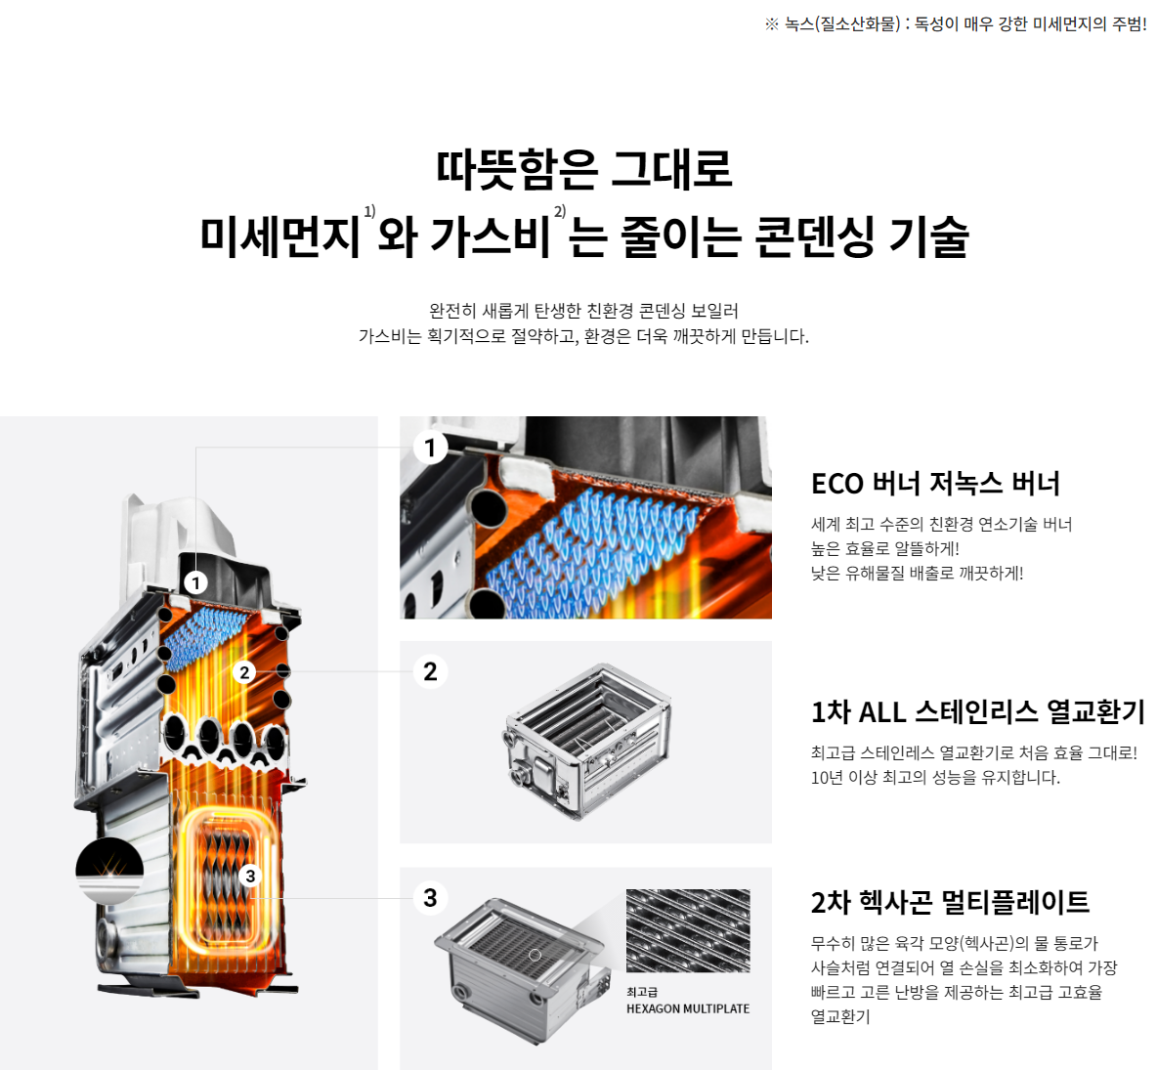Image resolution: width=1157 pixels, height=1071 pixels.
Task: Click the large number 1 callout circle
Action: click(x=430, y=448)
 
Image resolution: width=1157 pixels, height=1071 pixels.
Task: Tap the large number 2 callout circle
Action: click(x=430, y=671)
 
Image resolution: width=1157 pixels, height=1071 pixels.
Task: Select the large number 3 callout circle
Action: click(x=430, y=897)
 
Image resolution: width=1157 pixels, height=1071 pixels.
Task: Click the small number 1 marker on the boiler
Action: click(x=196, y=583)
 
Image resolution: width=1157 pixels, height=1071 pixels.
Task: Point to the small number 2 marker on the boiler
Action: click(x=245, y=672)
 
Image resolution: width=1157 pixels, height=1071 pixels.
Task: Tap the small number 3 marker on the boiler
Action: click(x=250, y=876)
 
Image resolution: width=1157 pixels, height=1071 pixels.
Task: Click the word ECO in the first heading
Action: click(x=837, y=484)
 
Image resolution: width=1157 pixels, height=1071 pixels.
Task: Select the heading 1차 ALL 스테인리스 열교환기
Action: click(x=977, y=711)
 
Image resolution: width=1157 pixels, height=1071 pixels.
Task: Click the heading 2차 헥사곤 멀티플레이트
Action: click(x=950, y=901)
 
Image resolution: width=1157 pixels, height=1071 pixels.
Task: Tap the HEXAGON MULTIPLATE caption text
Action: click(x=688, y=1008)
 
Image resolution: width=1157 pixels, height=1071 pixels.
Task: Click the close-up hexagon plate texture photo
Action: click(x=688, y=930)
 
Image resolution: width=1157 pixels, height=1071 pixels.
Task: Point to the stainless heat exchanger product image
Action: click(x=586, y=738)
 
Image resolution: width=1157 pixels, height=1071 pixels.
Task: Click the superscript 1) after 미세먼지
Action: click(x=369, y=212)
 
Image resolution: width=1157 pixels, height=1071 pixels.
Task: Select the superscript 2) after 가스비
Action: click(x=560, y=212)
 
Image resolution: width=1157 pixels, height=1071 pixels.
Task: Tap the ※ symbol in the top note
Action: click(x=772, y=24)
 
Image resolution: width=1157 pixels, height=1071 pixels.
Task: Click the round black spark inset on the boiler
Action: click(x=109, y=869)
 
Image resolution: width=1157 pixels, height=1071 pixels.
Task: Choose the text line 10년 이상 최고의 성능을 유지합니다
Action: click(x=935, y=777)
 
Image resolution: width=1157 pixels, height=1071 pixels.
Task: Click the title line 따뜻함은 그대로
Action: click(x=584, y=168)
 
